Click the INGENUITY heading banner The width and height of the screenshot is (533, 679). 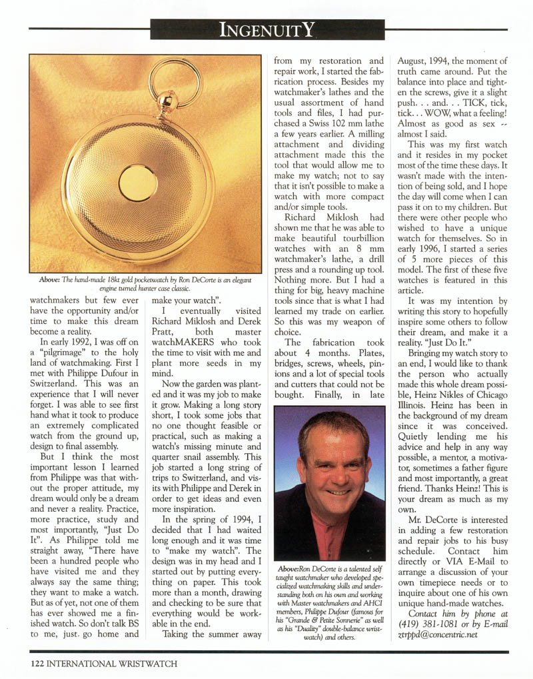(266, 29)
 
